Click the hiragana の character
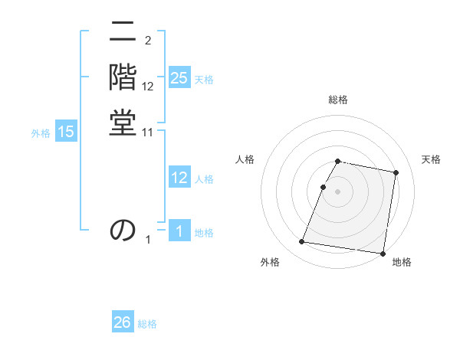point(123,229)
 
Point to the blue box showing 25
point(179,78)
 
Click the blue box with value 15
point(66,132)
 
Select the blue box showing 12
point(179,178)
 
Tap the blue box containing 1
point(179,231)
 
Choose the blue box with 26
point(123,322)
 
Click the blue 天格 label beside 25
point(204,80)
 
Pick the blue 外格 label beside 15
point(41,133)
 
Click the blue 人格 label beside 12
point(204,179)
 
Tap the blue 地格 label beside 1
point(204,233)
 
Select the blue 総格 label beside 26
point(147,324)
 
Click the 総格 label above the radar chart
point(338,100)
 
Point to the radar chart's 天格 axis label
point(431,159)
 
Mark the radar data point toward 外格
point(302,242)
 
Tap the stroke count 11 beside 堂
point(148,133)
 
